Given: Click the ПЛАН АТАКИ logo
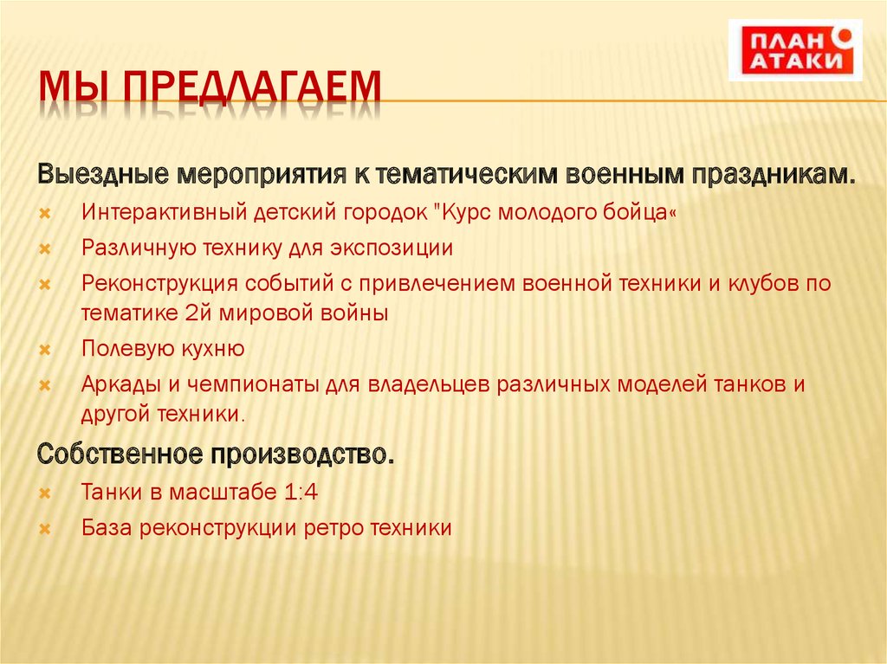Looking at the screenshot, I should pyautogui.click(x=795, y=49).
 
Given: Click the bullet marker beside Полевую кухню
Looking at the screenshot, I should pyautogui.click(x=46, y=350).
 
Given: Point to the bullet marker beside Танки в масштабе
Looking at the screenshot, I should pyautogui.click(x=46, y=493).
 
